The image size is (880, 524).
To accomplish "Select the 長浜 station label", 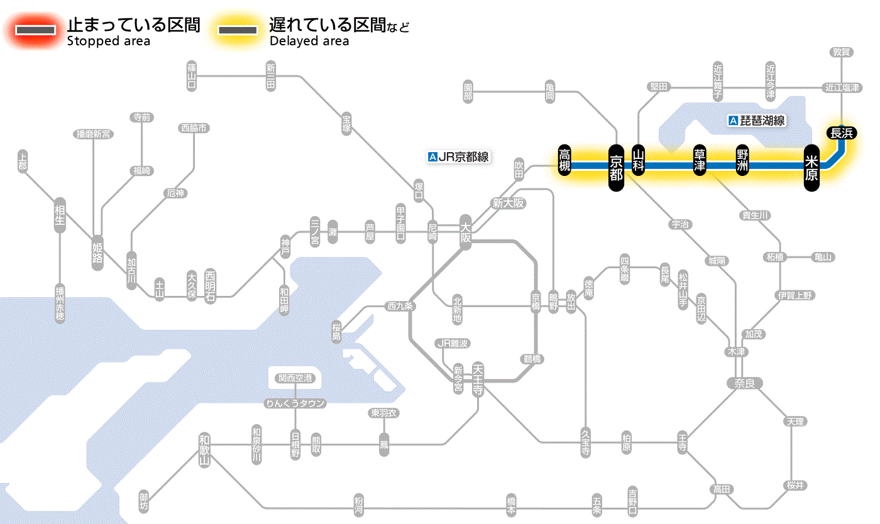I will click(x=841, y=133).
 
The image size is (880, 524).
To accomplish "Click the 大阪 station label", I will click(x=465, y=232).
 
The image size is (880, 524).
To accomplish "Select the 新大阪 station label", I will click(x=508, y=204).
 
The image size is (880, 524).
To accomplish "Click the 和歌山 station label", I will click(x=204, y=450).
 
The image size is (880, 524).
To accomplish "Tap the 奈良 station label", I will click(x=744, y=383).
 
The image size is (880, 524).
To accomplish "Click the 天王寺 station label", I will click(x=478, y=378).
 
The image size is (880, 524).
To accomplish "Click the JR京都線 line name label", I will click(x=458, y=157).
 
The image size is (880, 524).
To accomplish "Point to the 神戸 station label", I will click(x=285, y=247).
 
